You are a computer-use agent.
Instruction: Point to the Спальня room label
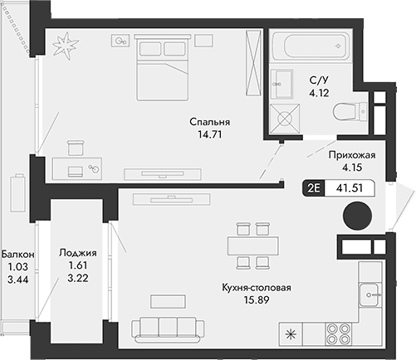click(x=208, y=122)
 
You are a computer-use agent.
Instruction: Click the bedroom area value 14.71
click(x=208, y=134)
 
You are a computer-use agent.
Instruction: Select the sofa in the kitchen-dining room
click(x=169, y=327)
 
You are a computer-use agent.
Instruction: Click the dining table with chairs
click(x=251, y=246)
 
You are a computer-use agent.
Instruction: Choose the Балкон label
click(x=17, y=254)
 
